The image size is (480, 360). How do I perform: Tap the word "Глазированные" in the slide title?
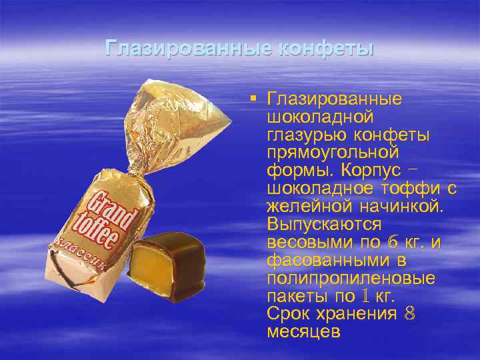pos(189,49)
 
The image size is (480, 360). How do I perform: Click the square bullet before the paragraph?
pos(254,100)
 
